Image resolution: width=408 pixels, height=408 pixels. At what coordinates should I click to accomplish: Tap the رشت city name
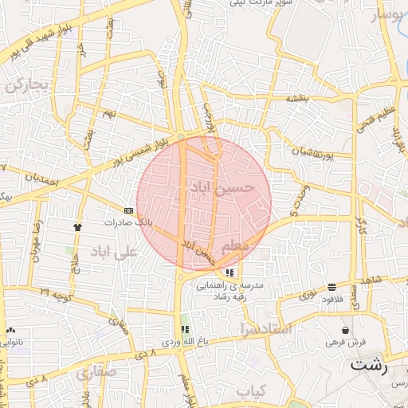tap(369, 366)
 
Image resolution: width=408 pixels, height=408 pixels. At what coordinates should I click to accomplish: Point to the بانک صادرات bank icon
tap(129, 210)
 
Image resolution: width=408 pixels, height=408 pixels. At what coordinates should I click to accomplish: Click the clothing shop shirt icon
tap(77, 227)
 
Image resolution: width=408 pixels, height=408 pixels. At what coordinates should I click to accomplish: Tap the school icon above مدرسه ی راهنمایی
tap(230, 273)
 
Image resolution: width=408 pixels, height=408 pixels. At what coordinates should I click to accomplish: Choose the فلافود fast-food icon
tap(331, 287)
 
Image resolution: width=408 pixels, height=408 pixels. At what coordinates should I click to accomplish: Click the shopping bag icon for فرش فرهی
tap(345, 330)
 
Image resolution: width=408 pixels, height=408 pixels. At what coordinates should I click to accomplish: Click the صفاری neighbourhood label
tap(96, 372)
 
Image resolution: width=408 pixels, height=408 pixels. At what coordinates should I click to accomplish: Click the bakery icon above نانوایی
tap(10, 330)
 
